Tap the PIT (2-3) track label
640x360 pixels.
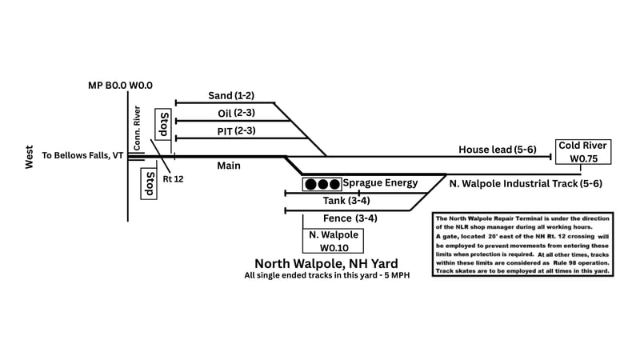click(x=236, y=130)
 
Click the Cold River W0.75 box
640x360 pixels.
click(x=583, y=151)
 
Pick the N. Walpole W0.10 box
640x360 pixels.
click(x=332, y=241)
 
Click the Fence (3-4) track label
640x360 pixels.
click(x=350, y=218)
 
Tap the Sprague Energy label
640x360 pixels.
click(x=380, y=183)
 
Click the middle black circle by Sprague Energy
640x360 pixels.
click(x=322, y=185)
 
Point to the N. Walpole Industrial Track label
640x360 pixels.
click(x=526, y=184)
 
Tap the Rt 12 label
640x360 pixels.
click(x=174, y=178)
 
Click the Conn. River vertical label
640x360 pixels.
click(x=138, y=128)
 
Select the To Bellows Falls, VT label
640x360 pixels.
click(x=82, y=155)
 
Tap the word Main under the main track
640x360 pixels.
click(x=230, y=166)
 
